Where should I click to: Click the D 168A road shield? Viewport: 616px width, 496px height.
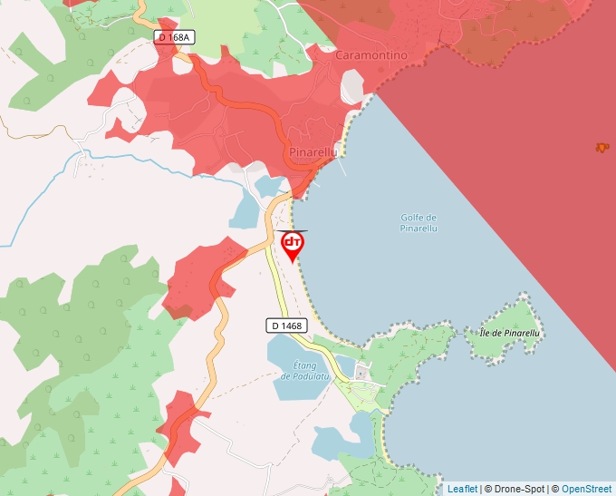173,37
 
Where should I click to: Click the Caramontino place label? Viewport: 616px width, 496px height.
371,55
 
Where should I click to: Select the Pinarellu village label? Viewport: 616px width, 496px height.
313,152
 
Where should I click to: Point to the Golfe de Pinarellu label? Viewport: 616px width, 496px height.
419,223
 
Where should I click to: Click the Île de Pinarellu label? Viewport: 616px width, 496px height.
509,334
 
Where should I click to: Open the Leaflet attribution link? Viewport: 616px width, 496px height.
462,489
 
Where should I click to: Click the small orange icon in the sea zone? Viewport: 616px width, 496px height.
602,147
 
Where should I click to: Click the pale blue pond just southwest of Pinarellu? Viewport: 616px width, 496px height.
245,211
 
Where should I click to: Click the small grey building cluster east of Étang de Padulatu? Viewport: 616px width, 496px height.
362,373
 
